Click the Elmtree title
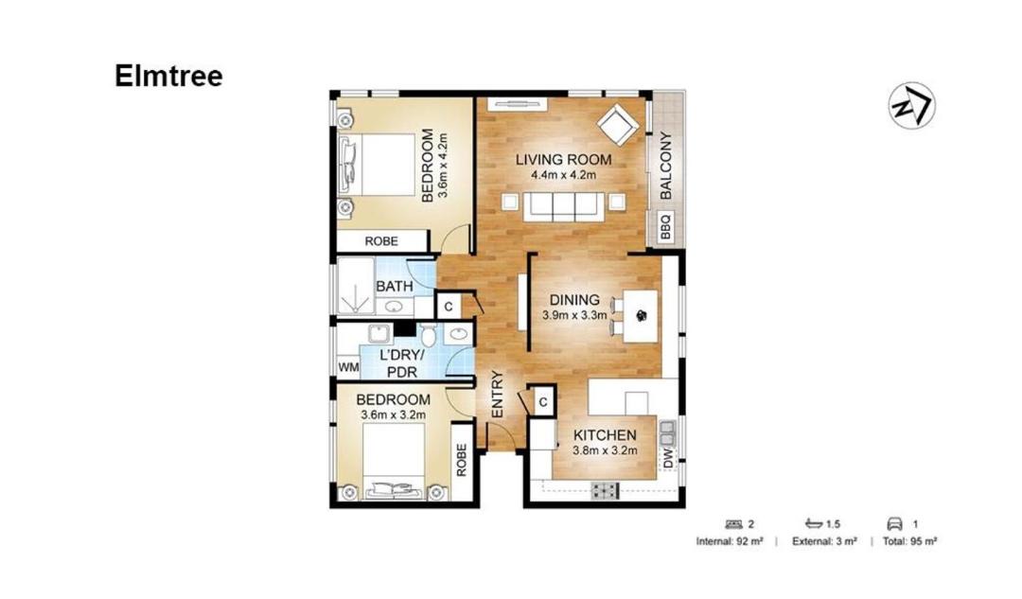coord(168,76)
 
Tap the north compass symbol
coord(912,105)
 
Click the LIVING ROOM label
coord(563,160)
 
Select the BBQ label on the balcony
coord(665,227)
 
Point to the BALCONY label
coord(665,166)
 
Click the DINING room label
coord(574,300)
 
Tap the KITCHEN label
coord(605,435)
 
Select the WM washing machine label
coord(348,367)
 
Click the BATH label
coord(395,286)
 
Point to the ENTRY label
coord(498,395)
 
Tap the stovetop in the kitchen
coord(606,490)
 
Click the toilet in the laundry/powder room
coord(429,335)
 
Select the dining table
coord(640,317)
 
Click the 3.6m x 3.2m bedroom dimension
coord(393,415)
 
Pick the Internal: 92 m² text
coord(730,541)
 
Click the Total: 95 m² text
coord(910,541)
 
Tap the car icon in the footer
coord(895,524)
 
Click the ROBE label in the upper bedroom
coord(381,241)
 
